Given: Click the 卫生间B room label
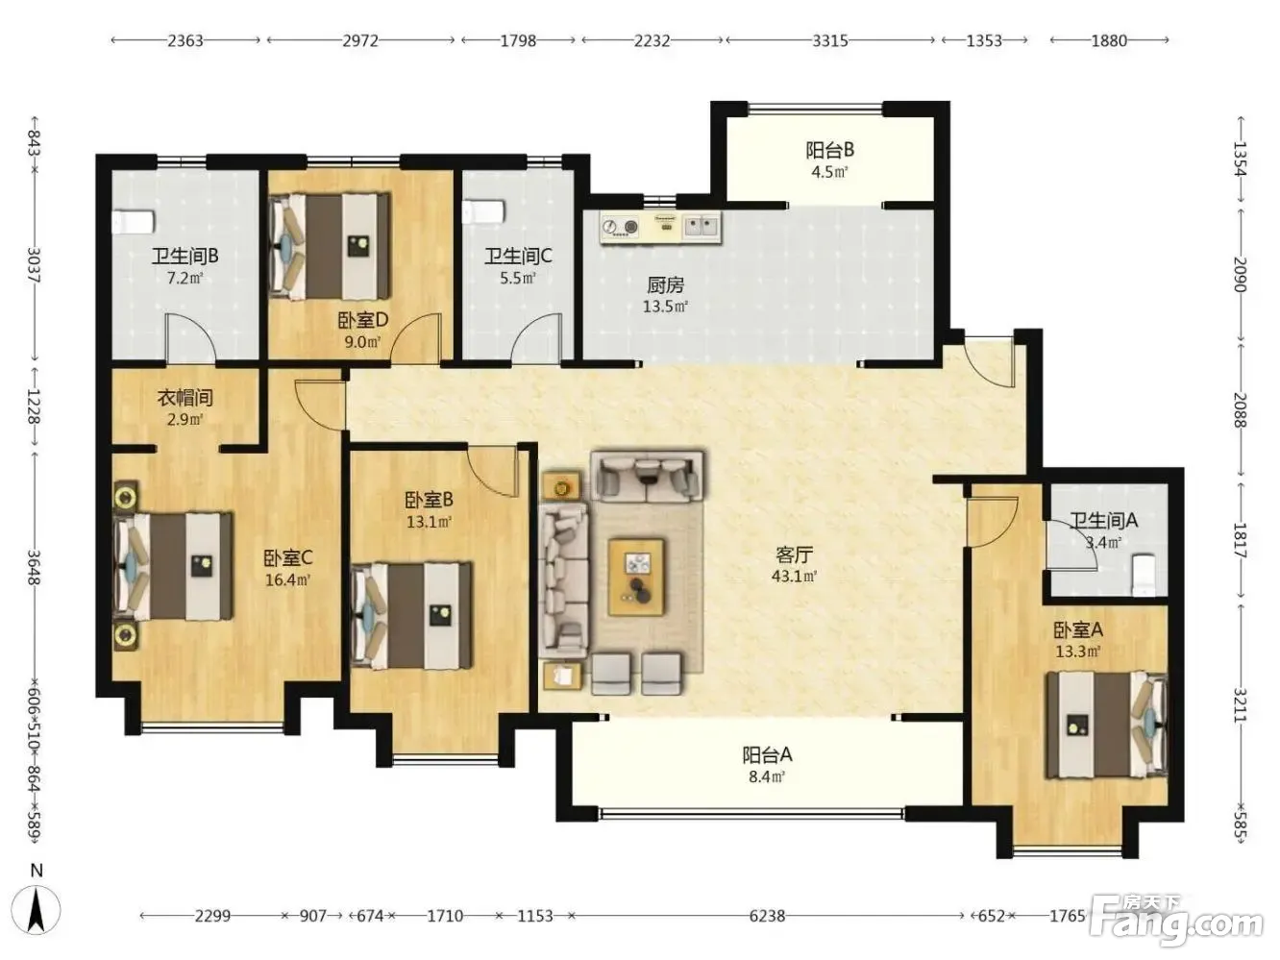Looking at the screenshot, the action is coord(185,256).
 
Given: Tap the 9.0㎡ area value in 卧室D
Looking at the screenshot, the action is coord(362,341).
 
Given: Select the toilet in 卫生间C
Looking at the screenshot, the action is coord(482,212).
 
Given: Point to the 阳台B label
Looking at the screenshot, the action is coord(830,150).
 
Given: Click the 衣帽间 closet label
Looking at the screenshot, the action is coord(185,398).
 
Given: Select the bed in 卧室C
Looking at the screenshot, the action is coord(173,566).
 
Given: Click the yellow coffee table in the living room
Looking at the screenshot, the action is coord(636,577).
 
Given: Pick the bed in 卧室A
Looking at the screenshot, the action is coord(1106,726).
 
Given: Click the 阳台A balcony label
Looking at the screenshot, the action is coord(767,755).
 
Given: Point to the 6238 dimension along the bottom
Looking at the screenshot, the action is coord(767,916).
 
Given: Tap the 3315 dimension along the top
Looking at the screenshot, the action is coord(830,40).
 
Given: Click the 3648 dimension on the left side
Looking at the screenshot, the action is coord(34,568).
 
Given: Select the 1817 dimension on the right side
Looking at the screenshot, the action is coord(1240,540).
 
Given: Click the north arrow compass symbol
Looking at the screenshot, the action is coord(37,910).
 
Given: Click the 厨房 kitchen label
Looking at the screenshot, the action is coord(665,285).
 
